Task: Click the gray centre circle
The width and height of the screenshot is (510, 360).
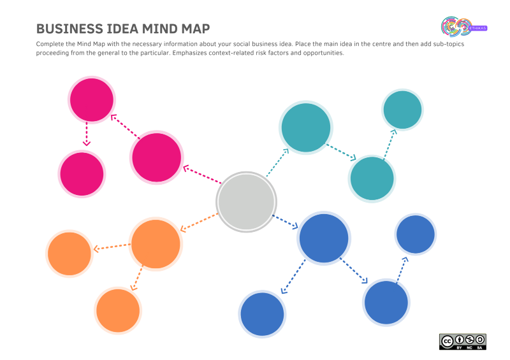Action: coord(246,202)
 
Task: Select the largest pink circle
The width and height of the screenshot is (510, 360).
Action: coord(156,157)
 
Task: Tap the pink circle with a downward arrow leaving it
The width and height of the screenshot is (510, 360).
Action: coord(92,100)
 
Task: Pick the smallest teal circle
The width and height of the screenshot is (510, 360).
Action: coord(402,110)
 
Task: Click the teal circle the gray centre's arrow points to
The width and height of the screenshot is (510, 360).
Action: coord(306,127)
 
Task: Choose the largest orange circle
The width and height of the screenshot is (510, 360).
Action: coord(156,244)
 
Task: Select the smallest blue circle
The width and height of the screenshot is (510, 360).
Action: coord(416,234)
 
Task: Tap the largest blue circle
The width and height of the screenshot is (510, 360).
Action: coord(324,238)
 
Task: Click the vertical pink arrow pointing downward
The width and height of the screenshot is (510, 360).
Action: coord(87,134)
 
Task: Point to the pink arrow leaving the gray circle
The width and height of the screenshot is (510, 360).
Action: coord(202,175)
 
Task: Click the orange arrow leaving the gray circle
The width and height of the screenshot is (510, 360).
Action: coord(199,222)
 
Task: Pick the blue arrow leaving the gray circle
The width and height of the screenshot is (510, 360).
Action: coord(285,222)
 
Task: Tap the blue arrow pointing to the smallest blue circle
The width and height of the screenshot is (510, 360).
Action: coord(402,270)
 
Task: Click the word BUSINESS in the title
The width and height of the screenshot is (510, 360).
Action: coord(69,29)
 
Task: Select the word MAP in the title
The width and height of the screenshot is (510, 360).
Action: coord(196,29)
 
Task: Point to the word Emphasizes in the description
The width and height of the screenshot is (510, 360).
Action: coord(189,53)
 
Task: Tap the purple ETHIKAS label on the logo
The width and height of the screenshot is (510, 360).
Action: coord(477,28)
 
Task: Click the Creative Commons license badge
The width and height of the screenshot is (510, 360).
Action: coord(463,342)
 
